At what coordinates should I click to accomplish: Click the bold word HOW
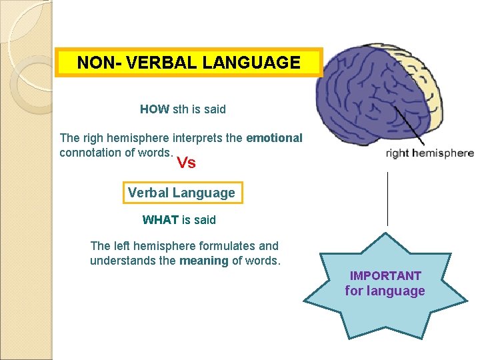point(154,109)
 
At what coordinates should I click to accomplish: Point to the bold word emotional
point(274,138)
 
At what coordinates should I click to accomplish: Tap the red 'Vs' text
point(186,163)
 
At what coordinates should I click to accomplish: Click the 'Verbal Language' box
point(181,193)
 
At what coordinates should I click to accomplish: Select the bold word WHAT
point(160,219)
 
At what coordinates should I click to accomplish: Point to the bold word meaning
point(203,261)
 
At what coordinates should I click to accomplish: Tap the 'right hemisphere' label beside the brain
point(430,153)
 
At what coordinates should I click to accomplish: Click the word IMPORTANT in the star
point(385,275)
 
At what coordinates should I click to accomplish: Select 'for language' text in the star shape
point(385,291)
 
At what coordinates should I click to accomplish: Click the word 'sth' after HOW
point(181,109)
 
